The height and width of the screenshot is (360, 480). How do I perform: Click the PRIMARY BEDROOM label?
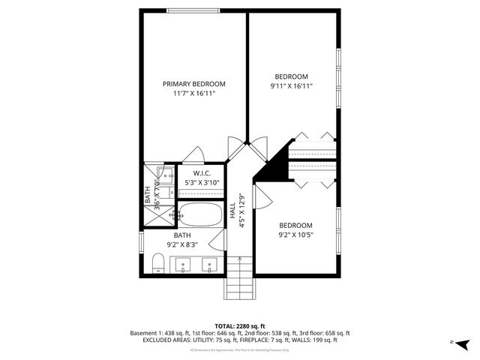(x=193, y=83)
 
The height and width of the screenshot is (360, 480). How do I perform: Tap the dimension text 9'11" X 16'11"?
(x=291, y=86)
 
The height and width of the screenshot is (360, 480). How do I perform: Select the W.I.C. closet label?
(x=201, y=173)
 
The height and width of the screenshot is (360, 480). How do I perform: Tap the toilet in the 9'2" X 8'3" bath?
(x=158, y=263)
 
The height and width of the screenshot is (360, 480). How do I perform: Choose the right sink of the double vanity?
(x=209, y=263)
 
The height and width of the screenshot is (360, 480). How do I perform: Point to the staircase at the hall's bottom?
(x=240, y=277)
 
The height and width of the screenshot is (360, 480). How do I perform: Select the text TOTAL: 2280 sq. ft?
(x=241, y=325)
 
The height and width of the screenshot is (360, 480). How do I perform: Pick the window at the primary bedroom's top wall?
(x=193, y=10)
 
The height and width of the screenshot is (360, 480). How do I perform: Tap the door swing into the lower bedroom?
(x=262, y=196)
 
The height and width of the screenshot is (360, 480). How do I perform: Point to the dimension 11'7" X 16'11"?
(x=193, y=94)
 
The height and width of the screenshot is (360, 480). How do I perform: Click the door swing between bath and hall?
(x=217, y=240)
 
